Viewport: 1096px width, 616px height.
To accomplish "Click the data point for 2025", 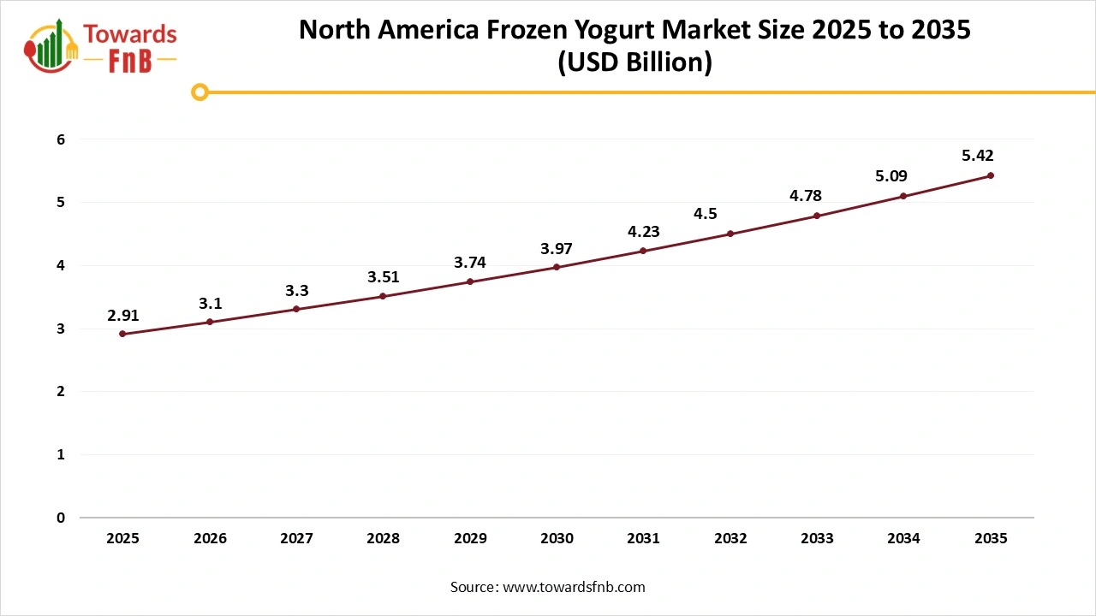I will pos(122,334).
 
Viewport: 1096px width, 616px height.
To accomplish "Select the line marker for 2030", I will pos(557,267).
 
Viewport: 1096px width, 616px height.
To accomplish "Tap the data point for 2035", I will pos(991,175).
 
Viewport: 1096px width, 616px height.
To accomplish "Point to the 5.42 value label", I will pos(977,156).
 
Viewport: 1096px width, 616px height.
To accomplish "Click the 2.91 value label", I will pos(122,316).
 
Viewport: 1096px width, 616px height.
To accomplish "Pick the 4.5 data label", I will pos(706,214).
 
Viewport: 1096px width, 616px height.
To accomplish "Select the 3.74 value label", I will pos(469,263).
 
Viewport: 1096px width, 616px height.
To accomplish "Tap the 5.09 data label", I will pos(890,176).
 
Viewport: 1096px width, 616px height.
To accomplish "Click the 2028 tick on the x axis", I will pos(383,539).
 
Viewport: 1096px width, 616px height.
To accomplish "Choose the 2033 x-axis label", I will pos(817,539).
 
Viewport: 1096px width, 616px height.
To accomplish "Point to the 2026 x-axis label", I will pos(210,539).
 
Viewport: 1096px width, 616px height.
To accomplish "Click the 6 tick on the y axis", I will pos(61,139).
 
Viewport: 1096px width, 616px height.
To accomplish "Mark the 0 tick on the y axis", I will pos(61,518).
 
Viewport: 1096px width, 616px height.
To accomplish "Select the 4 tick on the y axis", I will pos(61,266).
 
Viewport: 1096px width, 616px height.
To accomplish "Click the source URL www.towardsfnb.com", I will pos(573,587).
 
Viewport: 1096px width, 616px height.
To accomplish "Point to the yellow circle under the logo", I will pos(200,92).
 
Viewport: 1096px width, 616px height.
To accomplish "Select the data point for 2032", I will pos(730,234).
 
